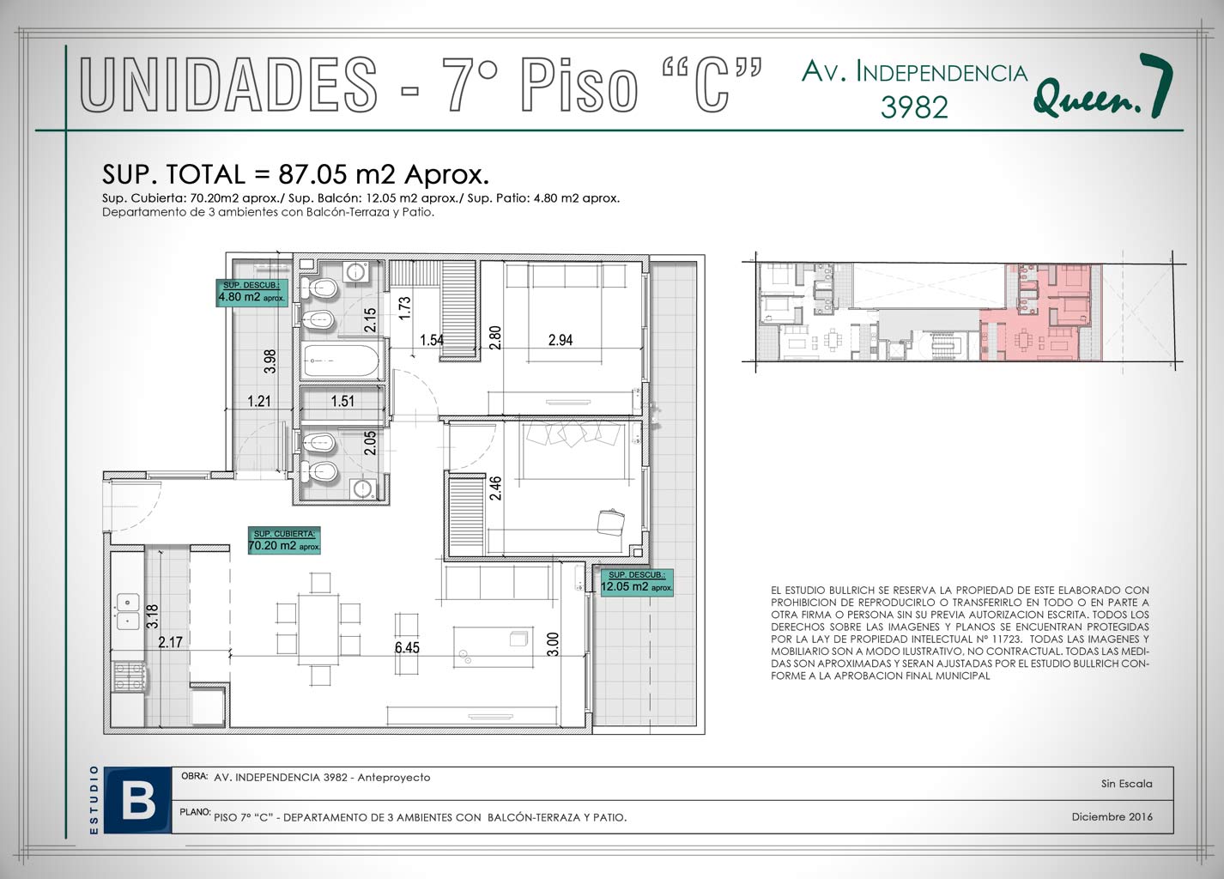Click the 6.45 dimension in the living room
coord(407,647)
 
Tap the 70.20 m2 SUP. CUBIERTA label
coord(284,540)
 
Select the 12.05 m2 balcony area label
coord(637,582)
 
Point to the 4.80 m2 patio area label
coord(251,293)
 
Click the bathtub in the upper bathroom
coord(342,360)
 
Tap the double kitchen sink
coord(127,611)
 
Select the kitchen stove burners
coord(129,676)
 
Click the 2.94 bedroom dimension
coord(560,340)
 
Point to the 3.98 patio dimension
coord(270,361)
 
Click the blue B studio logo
coord(137,801)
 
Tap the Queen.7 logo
coord(1103,87)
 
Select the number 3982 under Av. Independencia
coord(914,107)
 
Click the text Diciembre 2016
coord(1112,816)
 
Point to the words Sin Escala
coord(1127,784)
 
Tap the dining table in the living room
coord(318,629)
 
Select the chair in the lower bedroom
coord(611,522)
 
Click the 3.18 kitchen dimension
coord(153,615)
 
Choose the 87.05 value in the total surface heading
coord(312,175)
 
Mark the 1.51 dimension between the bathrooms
coord(342,401)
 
